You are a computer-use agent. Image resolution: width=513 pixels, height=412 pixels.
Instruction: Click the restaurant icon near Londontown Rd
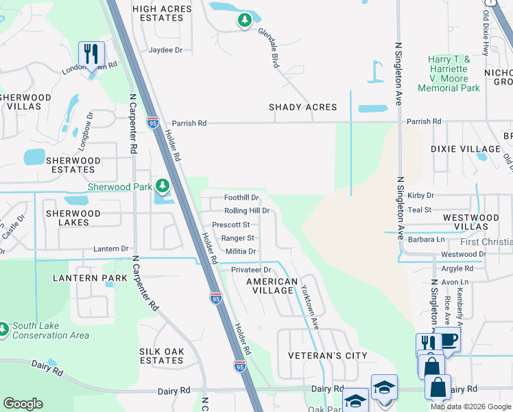coord(91,54)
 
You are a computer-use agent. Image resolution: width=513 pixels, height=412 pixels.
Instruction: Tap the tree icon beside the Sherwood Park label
coord(162,186)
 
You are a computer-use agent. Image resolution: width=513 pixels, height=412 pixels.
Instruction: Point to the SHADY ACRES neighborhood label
coord(302,107)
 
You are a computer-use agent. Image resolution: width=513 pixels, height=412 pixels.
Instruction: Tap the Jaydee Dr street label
coord(165,50)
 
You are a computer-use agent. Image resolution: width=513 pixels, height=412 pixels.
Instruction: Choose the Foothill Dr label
coord(241,197)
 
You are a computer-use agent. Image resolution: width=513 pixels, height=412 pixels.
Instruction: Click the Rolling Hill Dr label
coord(246,211)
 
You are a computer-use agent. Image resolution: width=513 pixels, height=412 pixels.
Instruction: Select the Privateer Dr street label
coord(252,270)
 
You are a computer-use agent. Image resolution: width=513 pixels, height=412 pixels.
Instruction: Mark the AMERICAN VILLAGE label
coord(272,286)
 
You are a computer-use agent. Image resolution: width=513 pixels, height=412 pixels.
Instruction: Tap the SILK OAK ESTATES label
coord(161,356)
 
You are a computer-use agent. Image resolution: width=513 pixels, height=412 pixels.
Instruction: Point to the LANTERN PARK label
coord(90,278)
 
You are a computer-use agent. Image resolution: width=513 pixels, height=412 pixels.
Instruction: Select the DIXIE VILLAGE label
coord(465,149)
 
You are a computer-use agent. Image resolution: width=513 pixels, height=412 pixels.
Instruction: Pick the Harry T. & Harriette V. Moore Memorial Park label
coord(449,74)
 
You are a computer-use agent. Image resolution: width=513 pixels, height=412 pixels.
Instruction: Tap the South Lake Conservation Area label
coord(50,330)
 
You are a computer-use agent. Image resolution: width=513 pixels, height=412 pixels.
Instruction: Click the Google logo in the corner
coord(23,404)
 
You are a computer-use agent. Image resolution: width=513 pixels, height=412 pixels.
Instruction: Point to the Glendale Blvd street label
coord(268,47)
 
